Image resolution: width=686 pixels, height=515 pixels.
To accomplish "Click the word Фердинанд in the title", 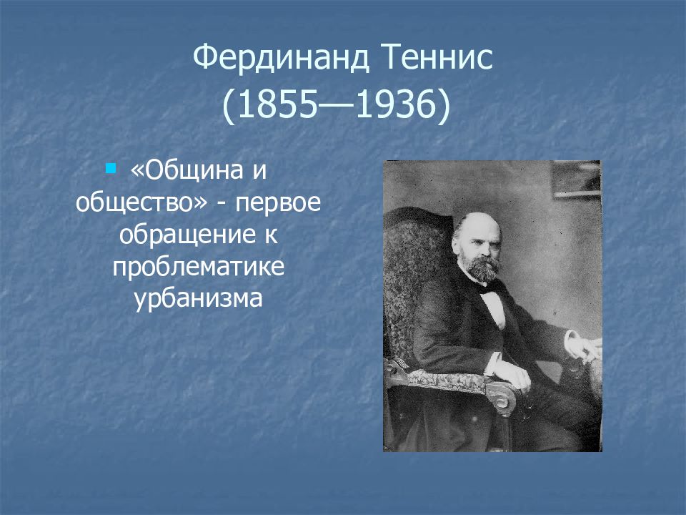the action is (281, 58).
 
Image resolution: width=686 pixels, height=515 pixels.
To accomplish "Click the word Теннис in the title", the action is (438, 57).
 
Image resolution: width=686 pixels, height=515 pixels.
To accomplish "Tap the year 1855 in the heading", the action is (277, 106).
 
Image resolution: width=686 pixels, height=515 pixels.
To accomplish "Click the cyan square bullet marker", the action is (111, 167).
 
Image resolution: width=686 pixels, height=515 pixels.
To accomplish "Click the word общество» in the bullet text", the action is (141, 202).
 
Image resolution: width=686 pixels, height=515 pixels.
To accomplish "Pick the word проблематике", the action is (199, 267).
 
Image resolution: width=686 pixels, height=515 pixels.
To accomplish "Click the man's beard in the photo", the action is (480, 267).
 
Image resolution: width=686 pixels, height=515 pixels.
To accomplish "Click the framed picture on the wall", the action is (576, 179).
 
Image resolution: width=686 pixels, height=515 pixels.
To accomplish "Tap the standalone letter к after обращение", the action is (272, 235).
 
